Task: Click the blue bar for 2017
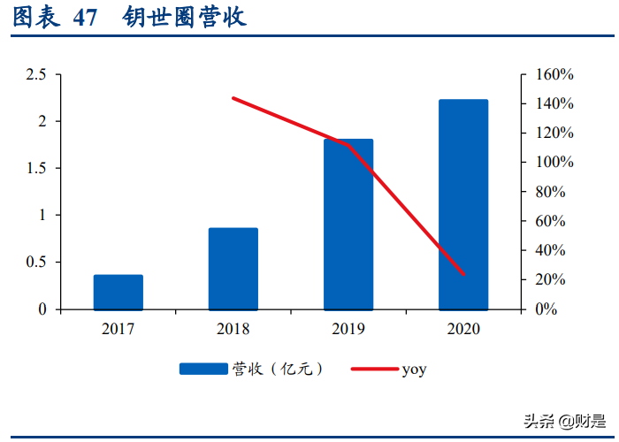click(118, 292)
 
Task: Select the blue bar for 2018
click(233, 269)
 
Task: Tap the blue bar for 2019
click(348, 225)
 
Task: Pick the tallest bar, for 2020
click(463, 204)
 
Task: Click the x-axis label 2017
click(118, 329)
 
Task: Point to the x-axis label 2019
click(348, 329)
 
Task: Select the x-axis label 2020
click(463, 329)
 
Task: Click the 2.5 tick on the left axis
click(35, 74)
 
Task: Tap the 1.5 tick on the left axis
click(35, 168)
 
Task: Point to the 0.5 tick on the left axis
click(35, 263)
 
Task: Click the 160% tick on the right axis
click(554, 74)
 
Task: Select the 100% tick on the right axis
click(554, 163)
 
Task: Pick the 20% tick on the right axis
click(554, 279)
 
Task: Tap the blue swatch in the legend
click(203, 370)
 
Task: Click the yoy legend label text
click(414, 370)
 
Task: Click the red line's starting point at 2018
click(233, 98)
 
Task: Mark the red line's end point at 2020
click(463, 274)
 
